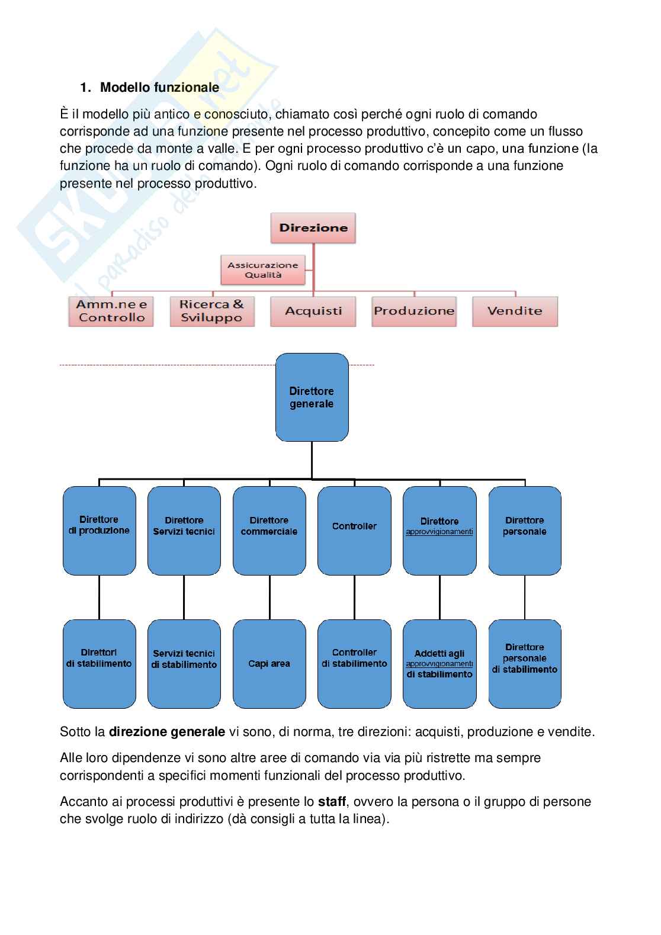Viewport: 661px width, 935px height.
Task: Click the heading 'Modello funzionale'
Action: [x=159, y=88]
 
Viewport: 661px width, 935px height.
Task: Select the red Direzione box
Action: [x=313, y=228]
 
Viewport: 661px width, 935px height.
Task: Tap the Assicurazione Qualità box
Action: [x=262, y=270]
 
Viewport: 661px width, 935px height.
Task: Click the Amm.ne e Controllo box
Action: [x=111, y=311]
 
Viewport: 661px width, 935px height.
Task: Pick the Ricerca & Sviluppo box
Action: [x=211, y=311]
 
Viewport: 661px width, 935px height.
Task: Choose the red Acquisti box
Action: [x=313, y=311]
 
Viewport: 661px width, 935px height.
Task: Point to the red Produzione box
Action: [x=414, y=311]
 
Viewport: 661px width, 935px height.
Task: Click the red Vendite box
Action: [x=515, y=311]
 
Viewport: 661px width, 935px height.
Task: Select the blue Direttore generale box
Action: [x=312, y=397]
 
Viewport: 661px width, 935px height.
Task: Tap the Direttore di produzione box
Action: [x=99, y=530]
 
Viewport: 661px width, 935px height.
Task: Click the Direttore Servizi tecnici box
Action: [x=184, y=530]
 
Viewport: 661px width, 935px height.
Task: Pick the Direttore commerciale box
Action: [x=269, y=530]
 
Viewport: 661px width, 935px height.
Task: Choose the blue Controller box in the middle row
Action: [x=354, y=530]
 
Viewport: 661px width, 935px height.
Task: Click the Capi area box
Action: [x=269, y=664]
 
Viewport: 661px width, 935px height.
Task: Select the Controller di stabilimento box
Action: [x=354, y=664]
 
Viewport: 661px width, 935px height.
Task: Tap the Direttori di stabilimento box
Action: [x=99, y=664]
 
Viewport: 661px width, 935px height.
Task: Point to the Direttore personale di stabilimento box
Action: [x=525, y=664]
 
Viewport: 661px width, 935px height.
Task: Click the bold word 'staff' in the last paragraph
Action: [x=332, y=802]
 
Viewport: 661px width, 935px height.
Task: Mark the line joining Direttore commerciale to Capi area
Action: [x=269, y=597]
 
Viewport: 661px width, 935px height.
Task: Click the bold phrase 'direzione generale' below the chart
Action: [x=167, y=732]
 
